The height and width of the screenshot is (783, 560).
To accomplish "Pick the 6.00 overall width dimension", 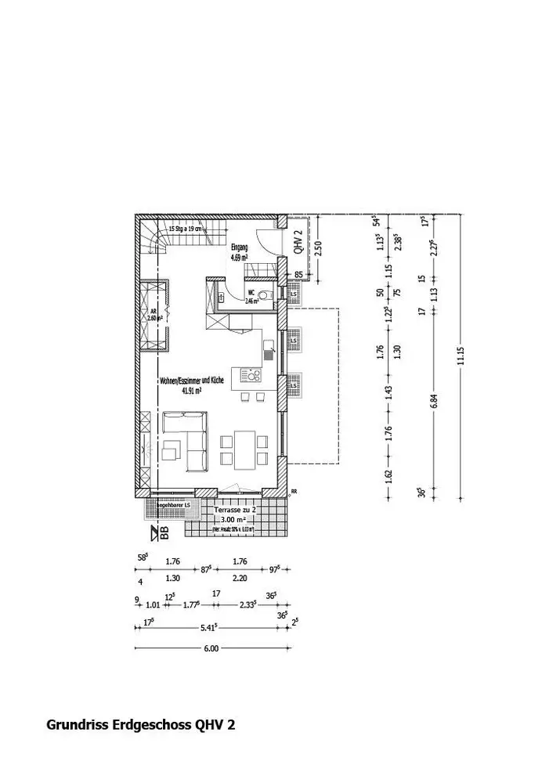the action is (x=211, y=648).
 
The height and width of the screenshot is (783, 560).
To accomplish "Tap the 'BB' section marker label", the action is (x=164, y=534).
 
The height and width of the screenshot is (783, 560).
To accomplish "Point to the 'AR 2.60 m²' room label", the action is (x=154, y=315).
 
